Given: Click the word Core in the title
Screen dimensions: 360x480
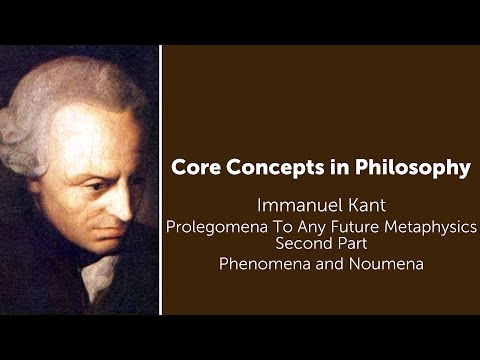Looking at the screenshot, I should point(199,168).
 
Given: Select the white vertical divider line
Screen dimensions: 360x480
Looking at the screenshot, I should point(160,180).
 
